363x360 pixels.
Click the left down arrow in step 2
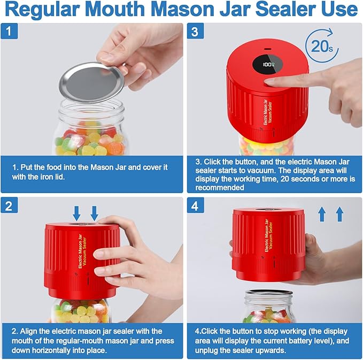pos(77,212)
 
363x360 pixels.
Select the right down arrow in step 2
pos(95,212)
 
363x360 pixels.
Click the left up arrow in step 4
pos(322,215)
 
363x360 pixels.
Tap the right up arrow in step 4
pos(339,215)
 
